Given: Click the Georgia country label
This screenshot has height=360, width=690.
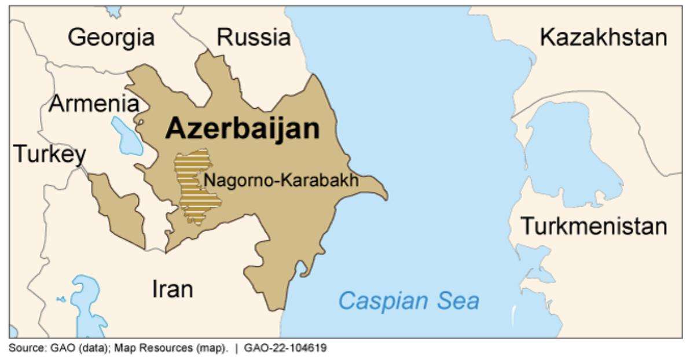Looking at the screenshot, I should (111, 38).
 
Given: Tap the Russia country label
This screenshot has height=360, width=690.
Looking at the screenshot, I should (254, 38).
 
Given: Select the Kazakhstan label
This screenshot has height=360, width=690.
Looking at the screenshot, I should (603, 38).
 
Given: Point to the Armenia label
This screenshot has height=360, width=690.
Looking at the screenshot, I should (94, 104).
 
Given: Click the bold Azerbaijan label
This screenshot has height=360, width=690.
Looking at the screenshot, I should (242, 129).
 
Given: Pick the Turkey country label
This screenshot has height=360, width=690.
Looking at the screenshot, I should (49, 155).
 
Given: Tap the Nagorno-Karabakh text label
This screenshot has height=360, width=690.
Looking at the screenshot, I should (280, 180).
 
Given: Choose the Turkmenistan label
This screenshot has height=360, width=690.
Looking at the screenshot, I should (594, 226).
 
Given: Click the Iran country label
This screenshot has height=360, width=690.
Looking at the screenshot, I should (172, 289).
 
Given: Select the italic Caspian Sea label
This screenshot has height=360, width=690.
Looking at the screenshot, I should (409, 302).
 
